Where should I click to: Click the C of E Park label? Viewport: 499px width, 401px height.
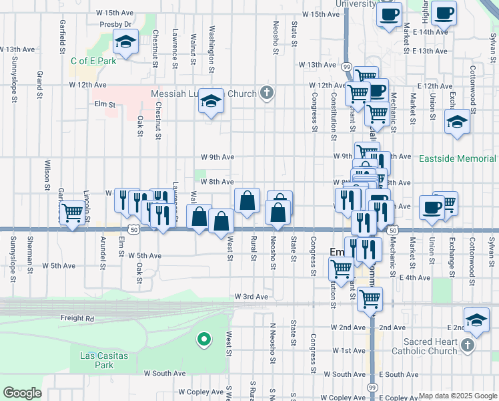click(x=93, y=61)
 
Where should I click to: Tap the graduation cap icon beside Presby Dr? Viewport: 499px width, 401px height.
click(x=125, y=43)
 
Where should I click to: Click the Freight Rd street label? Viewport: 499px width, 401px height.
click(x=77, y=318)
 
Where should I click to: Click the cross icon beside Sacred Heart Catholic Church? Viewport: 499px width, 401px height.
click(x=468, y=345)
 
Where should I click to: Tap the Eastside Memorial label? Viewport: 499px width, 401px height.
click(x=458, y=159)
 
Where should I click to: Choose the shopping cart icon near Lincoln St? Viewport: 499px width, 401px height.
click(x=72, y=214)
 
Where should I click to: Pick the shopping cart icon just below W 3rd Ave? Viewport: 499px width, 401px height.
click(x=369, y=299)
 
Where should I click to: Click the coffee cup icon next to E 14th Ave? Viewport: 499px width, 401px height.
click(x=443, y=13)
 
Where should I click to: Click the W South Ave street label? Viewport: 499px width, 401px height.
click(x=163, y=374)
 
